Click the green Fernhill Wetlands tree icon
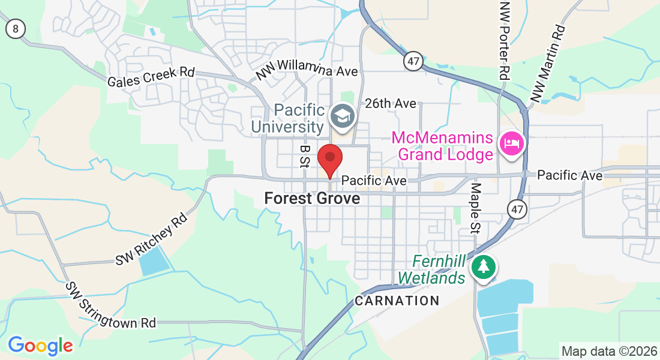[x=483, y=266]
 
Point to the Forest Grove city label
[x=312, y=198]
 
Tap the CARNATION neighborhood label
[x=397, y=301]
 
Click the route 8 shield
[x=16, y=28]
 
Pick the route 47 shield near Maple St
[x=516, y=209]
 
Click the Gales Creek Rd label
[x=151, y=77]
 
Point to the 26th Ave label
[x=390, y=103]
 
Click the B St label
[x=305, y=155]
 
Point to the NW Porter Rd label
[x=504, y=41]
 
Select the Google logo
[x=40, y=346]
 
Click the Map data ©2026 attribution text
[x=608, y=351]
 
